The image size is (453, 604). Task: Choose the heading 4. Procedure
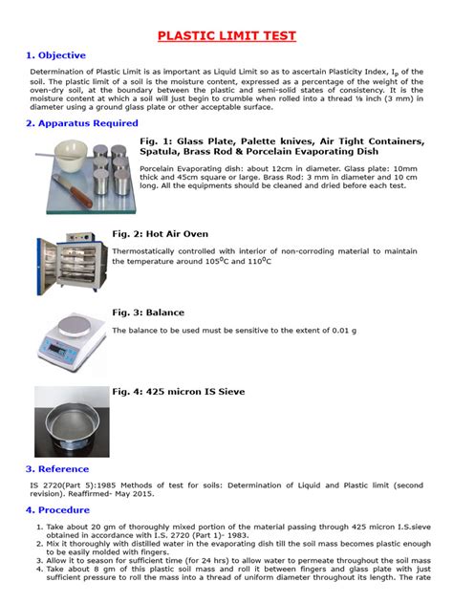[x=59, y=510]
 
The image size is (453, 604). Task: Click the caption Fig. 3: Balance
[x=148, y=313]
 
